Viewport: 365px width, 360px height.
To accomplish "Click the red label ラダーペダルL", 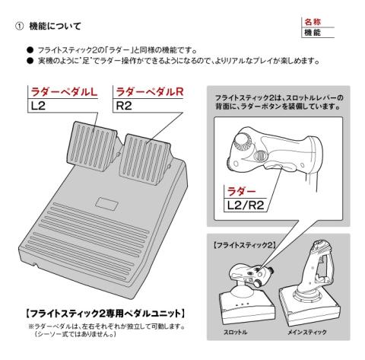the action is coord(64,92).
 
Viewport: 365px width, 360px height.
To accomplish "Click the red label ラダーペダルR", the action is coord(149,92).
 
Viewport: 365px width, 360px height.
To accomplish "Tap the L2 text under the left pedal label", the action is coord(38,106).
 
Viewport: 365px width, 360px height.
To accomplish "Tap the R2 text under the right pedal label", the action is coord(124,106).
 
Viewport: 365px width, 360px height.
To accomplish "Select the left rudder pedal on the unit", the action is coord(92,146).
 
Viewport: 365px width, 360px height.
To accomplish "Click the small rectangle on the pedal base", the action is coord(106,203).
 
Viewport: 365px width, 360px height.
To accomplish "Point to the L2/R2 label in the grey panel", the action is coord(246,205).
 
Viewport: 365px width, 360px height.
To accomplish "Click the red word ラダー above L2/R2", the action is coord(241,191).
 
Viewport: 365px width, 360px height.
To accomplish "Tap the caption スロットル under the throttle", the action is coord(235,332).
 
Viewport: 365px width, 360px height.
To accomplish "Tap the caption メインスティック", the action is coord(307,332).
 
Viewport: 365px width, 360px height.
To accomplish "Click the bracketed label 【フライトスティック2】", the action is coord(244,245).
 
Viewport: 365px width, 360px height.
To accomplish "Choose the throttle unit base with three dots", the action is coord(246,306).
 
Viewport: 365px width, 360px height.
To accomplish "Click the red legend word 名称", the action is coord(313,22).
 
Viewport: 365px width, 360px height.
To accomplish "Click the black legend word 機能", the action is coord(313,33).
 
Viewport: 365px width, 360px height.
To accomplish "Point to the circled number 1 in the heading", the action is coord(20,27).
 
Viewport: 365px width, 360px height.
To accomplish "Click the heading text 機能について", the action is coord(55,26).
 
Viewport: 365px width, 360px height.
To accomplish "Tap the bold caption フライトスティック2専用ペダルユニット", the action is coord(105,314).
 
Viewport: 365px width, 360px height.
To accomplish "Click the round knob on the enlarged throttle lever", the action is coord(241,142).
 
